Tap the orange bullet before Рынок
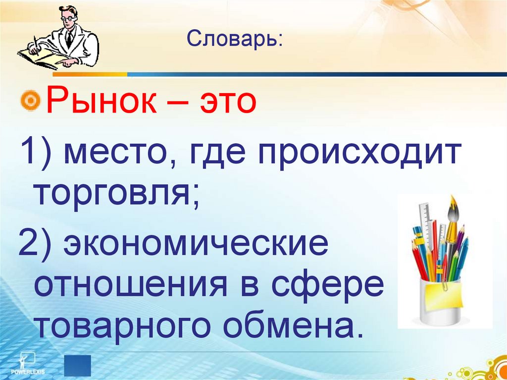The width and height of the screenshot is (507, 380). [x=31, y=102]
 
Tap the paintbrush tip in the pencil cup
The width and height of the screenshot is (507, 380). [x=452, y=203]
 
